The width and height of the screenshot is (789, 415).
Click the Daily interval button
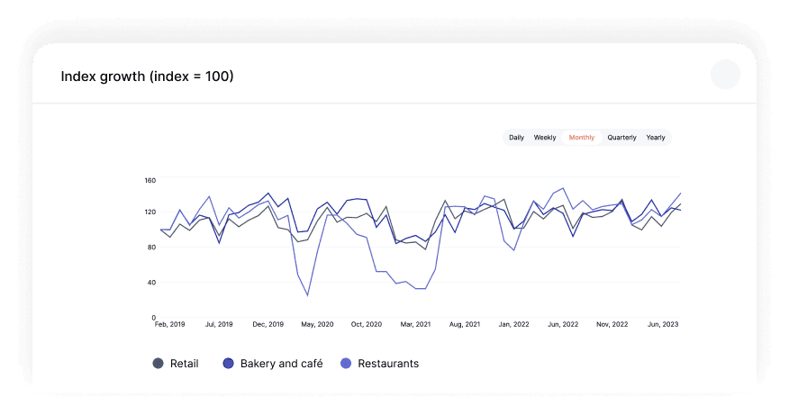pyautogui.click(x=516, y=138)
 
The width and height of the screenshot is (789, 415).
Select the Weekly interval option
pyautogui.click(x=544, y=138)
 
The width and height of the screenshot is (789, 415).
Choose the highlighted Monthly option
pyautogui.click(x=582, y=138)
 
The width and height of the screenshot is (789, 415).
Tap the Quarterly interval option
pyautogui.click(x=621, y=138)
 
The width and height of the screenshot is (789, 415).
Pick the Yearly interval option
pyautogui.click(x=656, y=138)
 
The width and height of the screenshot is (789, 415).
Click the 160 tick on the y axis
pyautogui.click(x=150, y=180)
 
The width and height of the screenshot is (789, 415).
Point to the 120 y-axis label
pyautogui.click(x=150, y=212)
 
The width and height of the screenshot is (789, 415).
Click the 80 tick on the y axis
pyautogui.click(x=151, y=247)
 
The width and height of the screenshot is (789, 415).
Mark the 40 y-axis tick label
pyautogui.click(x=151, y=282)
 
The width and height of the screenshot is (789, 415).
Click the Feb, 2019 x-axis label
pyautogui.click(x=169, y=324)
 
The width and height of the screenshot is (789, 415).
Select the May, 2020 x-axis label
pyautogui.click(x=317, y=324)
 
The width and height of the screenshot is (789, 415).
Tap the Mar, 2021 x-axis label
pyautogui.click(x=415, y=324)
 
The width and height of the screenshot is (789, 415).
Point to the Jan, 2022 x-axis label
pyautogui.click(x=513, y=324)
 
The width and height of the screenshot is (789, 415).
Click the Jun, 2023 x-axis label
pyautogui.click(x=663, y=324)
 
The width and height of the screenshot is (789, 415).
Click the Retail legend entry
pyautogui.click(x=176, y=363)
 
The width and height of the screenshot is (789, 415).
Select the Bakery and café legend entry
pyautogui.click(x=273, y=363)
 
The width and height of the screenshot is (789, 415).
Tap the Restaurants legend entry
pyautogui.click(x=379, y=363)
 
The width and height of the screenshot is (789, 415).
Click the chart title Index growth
pyautogui.click(x=147, y=77)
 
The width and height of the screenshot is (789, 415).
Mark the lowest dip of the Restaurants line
pyautogui.click(x=307, y=295)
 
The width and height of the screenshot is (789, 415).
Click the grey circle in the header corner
pyautogui.click(x=725, y=74)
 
